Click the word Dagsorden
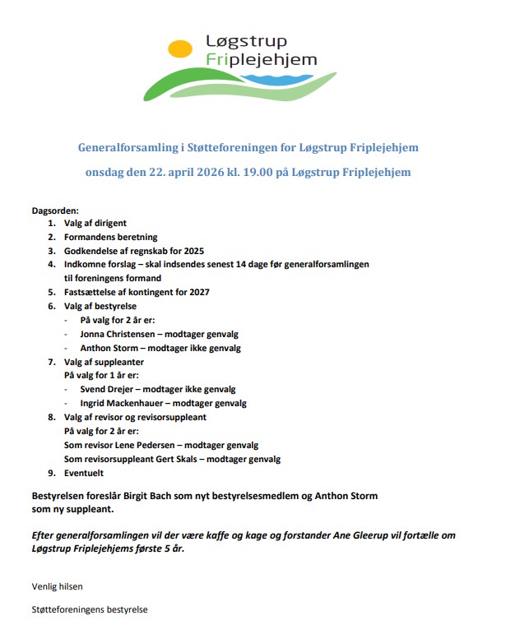click(x=55, y=210)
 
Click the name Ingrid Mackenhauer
click(x=123, y=403)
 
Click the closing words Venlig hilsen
click(x=57, y=586)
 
